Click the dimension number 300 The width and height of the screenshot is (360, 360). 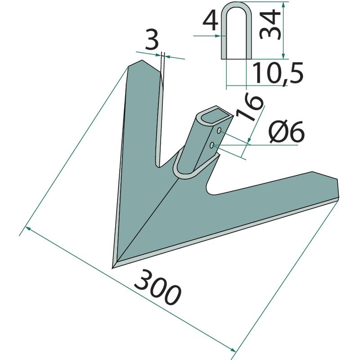coord(157,288)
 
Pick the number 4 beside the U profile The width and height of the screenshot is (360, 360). coord(211,22)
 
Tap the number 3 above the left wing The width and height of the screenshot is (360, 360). coord(152,41)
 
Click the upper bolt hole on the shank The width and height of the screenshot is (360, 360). coord(220,130)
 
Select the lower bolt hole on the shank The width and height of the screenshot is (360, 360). coord(212,145)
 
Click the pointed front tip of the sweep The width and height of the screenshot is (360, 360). coord(112,268)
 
